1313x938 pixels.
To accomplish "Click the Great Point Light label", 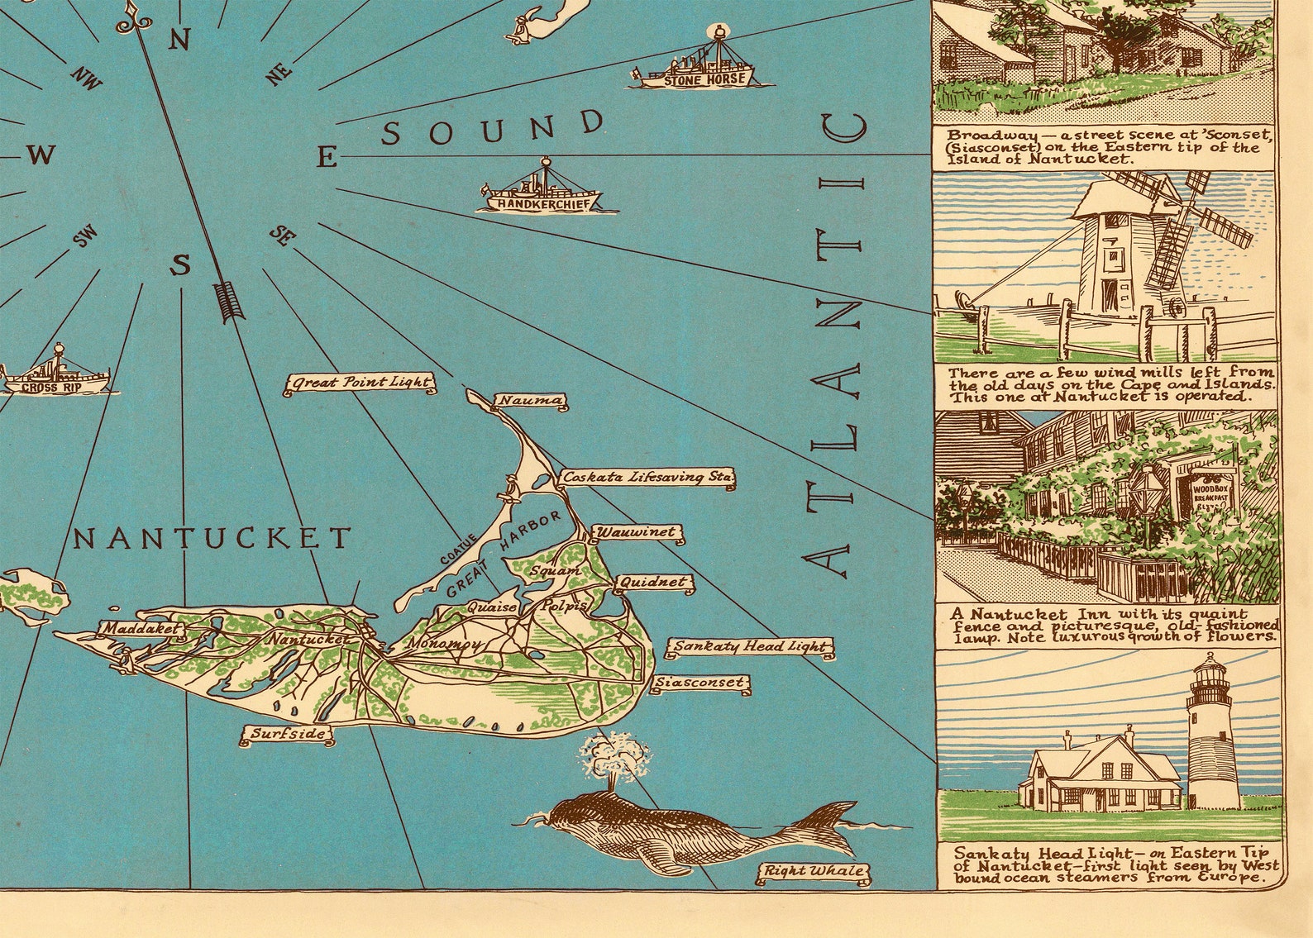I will click(x=360, y=383).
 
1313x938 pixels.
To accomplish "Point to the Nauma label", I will click(x=529, y=402).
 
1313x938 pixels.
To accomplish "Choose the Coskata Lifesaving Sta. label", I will click(x=647, y=478).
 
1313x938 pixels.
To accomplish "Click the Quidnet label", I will click(x=652, y=583).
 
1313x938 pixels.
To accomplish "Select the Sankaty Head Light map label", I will click(x=749, y=647).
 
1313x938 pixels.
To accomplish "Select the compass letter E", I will click(x=328, y=157).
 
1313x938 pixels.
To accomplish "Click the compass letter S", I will click(x=180, y=265).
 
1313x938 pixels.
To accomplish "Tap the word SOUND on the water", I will click(x=494, y=128).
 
